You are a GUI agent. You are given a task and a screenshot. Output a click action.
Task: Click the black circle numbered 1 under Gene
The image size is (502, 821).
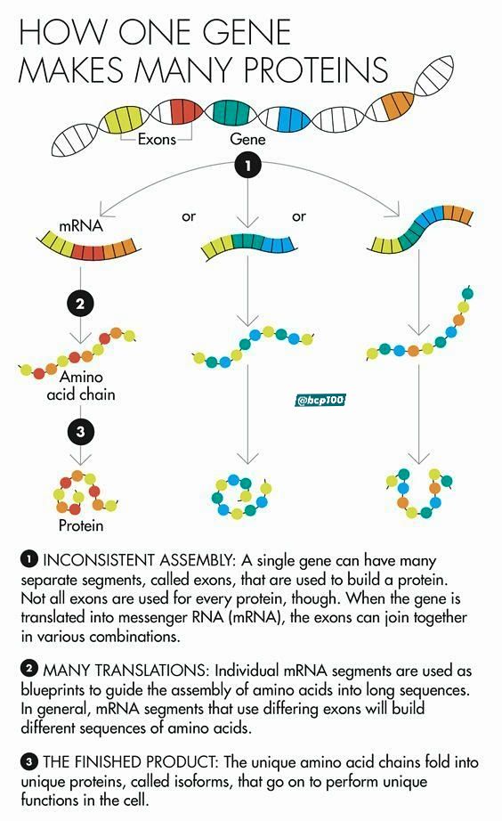click(247, 166)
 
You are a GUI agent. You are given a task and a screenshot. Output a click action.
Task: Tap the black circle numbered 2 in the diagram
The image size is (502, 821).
click(80, 304)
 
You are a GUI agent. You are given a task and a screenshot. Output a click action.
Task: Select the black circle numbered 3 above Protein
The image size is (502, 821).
click(80, 432)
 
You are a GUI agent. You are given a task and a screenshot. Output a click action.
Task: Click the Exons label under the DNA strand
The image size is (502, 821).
click(157, 139)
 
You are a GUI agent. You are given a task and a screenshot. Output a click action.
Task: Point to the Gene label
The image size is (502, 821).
click(247, 139)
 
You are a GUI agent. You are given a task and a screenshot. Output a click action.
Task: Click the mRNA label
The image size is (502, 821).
click(81, 226)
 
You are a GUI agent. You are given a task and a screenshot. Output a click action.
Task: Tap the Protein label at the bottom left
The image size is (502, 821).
click(81, 525)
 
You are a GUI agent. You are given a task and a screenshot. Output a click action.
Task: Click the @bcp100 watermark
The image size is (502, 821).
click(320, 401)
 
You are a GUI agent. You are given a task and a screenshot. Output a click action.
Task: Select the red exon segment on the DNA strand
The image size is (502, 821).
click(184, 111)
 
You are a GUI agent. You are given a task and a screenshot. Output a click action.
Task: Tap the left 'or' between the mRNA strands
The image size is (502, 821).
click(189, 216)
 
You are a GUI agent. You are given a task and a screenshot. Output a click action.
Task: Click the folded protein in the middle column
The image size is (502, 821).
click(242, 496)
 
